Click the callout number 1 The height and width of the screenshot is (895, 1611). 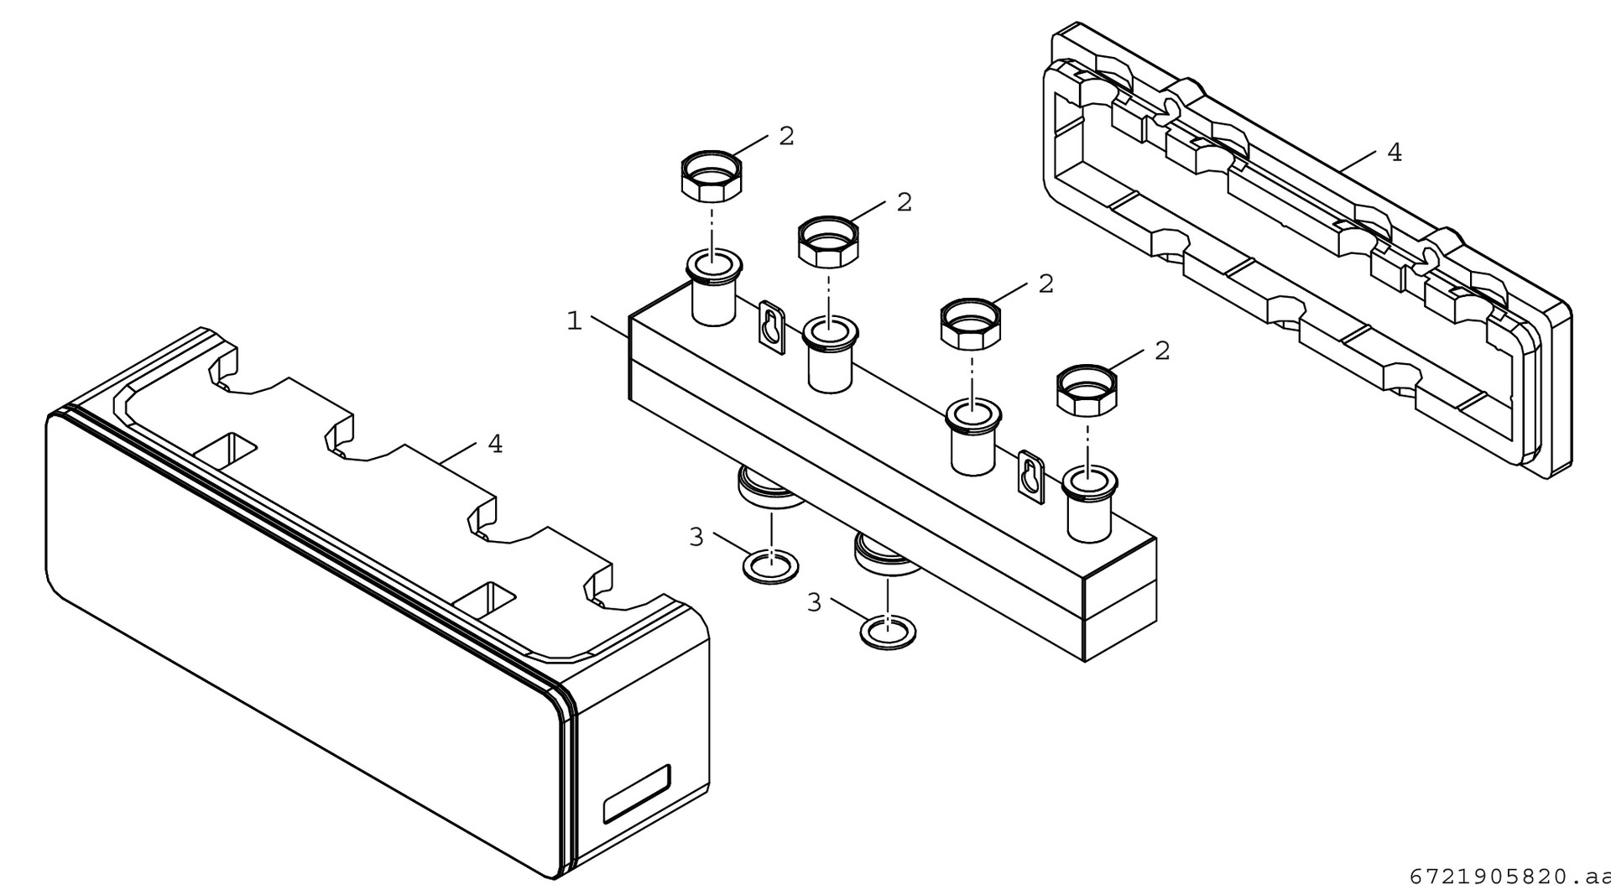pyautogui.click(x=575, y=321)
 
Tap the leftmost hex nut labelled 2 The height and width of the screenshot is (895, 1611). pyautogui.click(x=711, y=174)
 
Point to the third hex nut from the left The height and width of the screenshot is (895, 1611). pyautogui.click(x=971, y=323)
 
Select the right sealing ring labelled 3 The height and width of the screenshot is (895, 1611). pyautogui.click(x=889, y=631)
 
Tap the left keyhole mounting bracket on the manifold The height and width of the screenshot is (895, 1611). pyautogui.click(x=772, y=327)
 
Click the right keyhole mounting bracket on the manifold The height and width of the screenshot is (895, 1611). pyautogui.click(x=1031, y=477)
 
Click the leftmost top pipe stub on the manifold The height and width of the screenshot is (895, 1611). pyautogui.click(x=713, y=289)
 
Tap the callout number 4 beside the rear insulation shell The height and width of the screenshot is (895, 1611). pyautogui.click(x=1395, y=153)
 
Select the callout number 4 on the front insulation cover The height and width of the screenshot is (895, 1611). pyautogui.click(x=496, y=445)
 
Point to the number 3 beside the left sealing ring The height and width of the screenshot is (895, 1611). pyautogui.click(x=696, y=538)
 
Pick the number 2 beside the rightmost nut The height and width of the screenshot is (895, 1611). pyautogui.click(x=1162, y=351)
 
